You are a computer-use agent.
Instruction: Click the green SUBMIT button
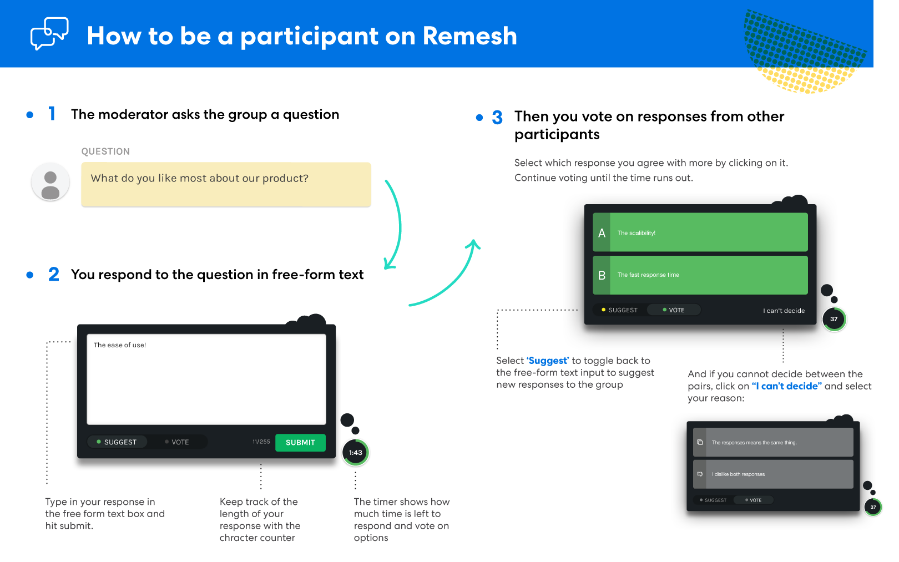(x=300, y=442)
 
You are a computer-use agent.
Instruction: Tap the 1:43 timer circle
(x=355, y=453)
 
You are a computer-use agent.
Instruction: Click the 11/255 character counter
(x=261, y=442)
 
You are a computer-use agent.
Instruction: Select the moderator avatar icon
(x=50, y=182)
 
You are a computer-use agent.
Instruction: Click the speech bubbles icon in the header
(x=49, y=33)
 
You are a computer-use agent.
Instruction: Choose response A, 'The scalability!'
(x=700, y=232)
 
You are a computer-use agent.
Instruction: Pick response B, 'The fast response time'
(x=700, y=275)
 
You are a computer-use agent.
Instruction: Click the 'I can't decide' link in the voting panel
(x=784, y=311)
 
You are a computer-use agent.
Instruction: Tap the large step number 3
(x=497, y=118)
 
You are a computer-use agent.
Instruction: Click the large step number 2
(x=54, y=275)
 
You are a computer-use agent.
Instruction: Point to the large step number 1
(x=52, y=114)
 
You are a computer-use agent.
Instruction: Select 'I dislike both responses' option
(x=773, y=474)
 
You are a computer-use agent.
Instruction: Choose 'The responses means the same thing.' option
(x=773, y=442)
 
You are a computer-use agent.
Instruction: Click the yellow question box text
(x=199, y=178)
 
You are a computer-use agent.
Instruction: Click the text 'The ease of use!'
(x=120, y=345)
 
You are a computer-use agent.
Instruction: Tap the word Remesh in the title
(x=469, y=36)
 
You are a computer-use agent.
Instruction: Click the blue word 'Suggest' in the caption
(x=548, y=361)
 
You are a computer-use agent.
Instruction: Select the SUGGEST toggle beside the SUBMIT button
(x=117, y=442)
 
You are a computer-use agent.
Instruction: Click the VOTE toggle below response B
(x=674, y=310)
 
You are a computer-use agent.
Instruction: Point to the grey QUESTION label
(x=105, y=151)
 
